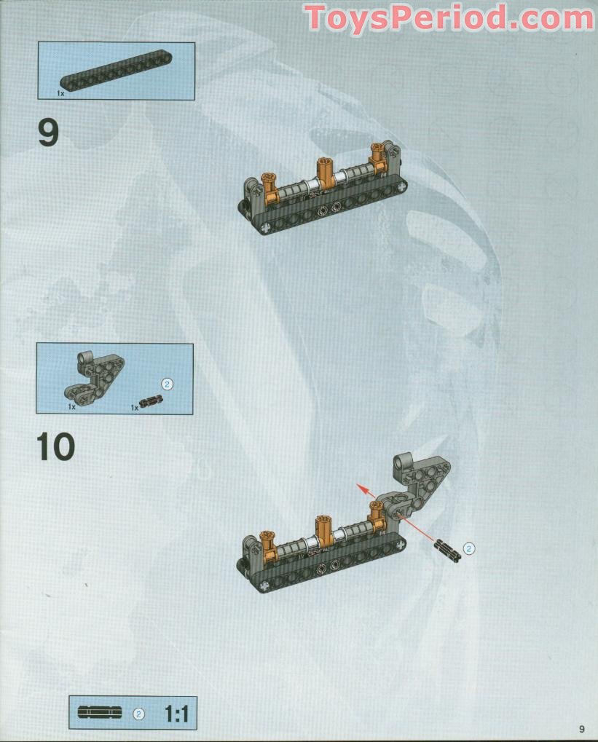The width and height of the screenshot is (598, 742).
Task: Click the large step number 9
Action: point(48,133)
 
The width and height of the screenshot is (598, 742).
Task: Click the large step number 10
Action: point(55,446)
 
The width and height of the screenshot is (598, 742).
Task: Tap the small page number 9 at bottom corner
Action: point(582,728)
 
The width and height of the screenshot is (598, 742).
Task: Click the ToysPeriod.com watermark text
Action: point(449,17)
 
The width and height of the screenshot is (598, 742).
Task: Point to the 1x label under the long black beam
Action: point(60,94)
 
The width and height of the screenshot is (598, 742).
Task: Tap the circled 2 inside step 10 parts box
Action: point(167,384)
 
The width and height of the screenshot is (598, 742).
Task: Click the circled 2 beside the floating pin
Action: point(469,548)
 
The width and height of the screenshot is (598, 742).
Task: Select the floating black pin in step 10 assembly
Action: point(447,550)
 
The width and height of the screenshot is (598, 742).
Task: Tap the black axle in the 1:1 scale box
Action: point(99,713)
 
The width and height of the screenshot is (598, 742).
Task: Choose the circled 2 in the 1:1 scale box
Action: point(138,714)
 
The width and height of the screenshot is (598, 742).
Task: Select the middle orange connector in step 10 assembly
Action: point(323,532)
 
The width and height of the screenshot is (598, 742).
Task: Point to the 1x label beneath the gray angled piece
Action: point(72,407)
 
